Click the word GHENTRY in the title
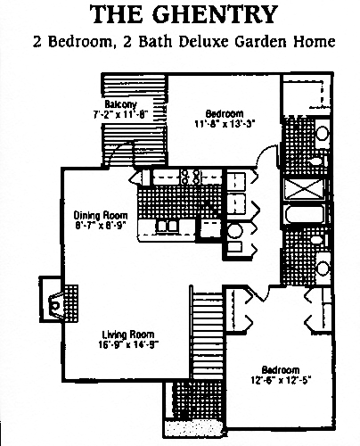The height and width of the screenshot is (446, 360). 216,14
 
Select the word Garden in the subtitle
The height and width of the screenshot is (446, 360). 261,42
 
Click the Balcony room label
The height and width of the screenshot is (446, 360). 120,104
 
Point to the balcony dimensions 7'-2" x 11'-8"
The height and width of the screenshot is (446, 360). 120,114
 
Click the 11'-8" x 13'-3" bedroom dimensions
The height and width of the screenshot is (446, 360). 225,124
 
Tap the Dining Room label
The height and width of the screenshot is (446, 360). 101,215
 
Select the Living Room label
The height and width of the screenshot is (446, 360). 128,334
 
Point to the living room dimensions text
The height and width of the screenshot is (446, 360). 128,344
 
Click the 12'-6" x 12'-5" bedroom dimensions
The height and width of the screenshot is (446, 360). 281,380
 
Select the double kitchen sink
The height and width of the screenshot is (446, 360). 168,226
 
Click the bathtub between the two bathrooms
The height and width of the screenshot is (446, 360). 305,214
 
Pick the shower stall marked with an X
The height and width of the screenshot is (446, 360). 304,189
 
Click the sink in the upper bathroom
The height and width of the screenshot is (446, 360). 323,133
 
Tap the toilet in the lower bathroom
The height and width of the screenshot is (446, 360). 318,240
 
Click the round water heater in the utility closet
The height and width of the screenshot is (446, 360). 235,231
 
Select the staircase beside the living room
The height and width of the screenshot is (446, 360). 208,335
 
